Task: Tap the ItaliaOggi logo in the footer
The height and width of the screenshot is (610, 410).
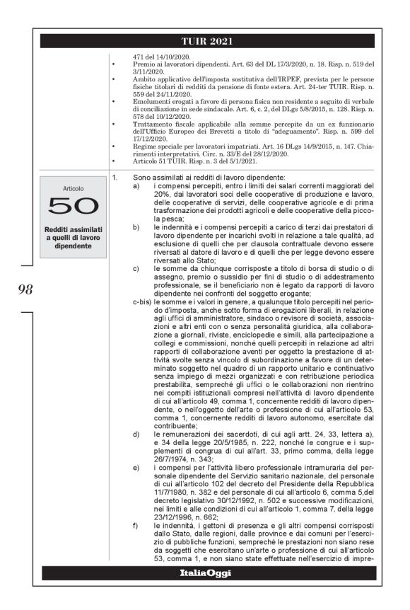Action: click(x=204, y=572)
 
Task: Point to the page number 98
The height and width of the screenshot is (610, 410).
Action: click(x=23, y=288)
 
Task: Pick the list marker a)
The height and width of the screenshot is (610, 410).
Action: click(x=135, y=185)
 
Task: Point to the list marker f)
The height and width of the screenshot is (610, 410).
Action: click(x=135, y=524)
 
